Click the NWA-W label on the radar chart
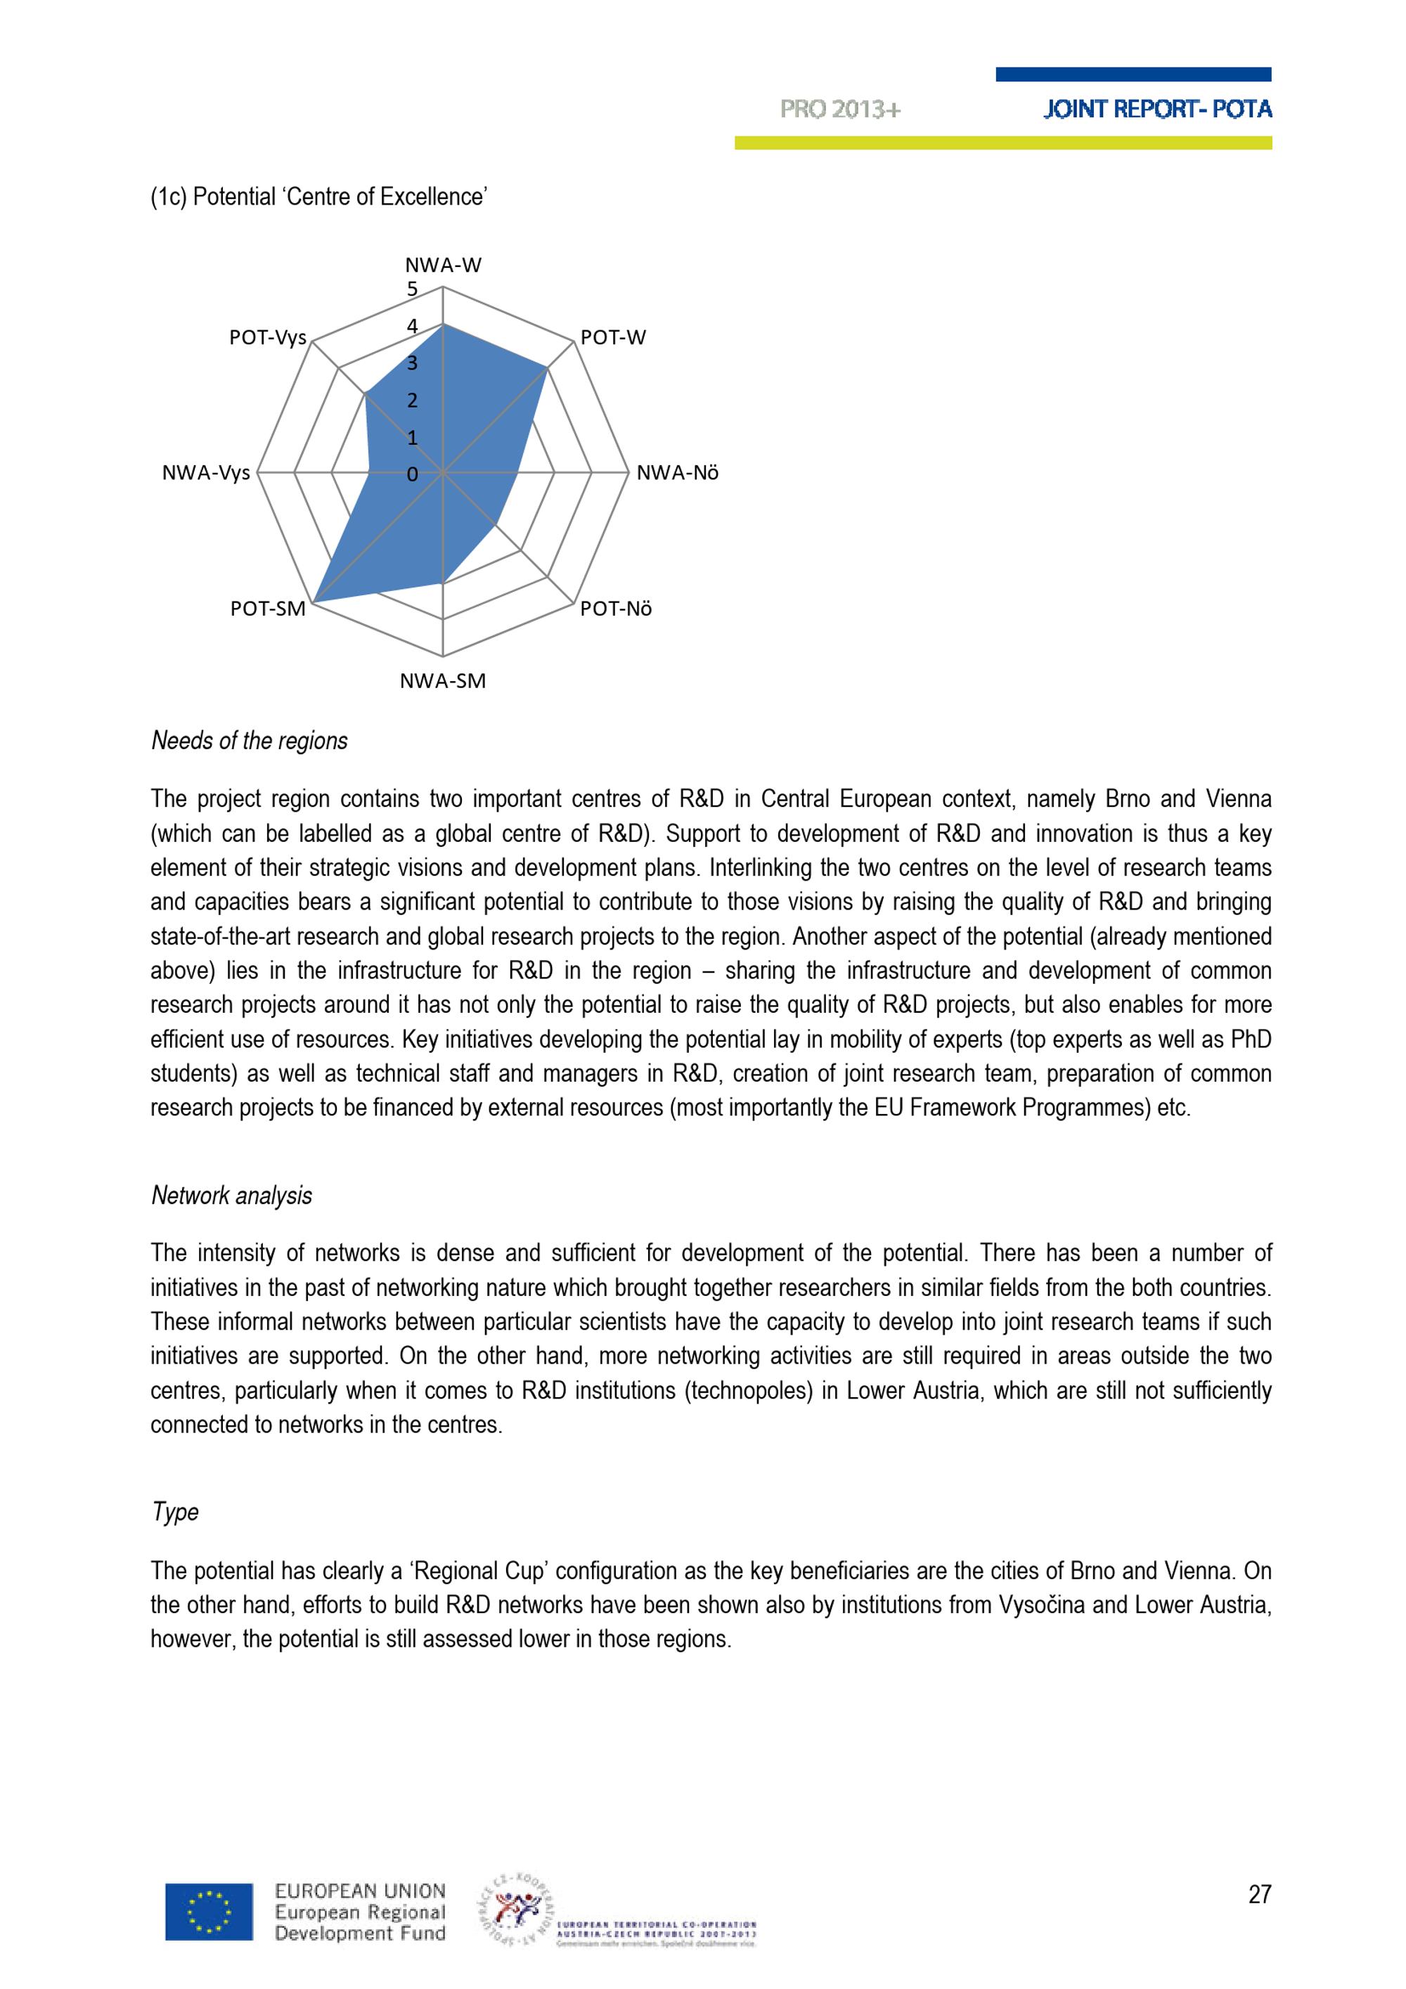click(443, 265)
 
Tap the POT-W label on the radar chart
click(612, 338)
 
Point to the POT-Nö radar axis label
click(615, 609)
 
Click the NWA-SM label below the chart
click(443, 681)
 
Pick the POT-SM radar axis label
click(268, 609)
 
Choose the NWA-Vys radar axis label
click(206, 473)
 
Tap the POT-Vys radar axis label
click(268, 338)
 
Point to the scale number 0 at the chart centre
click(413, 474)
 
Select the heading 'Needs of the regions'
click(250, 741)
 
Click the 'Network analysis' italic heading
click(231, 1196)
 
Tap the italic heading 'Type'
click(175, 1512)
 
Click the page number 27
click(1260, 1895)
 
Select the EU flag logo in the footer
click(209, 1912)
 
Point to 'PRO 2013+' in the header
click(840, 109)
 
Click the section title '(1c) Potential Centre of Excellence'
click(318, 197)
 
